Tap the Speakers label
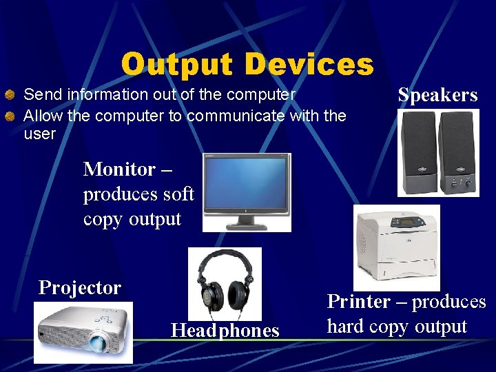coord(437,95)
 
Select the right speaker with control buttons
coord(457,153)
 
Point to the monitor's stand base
coord(246,225)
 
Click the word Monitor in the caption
coord(119,169)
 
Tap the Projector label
coord(80,287)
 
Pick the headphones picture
coord(225,284)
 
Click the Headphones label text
coord(225,331)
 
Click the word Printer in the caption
coord(358,302)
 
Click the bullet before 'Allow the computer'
coord(10,116)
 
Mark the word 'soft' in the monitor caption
coord(178,195)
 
